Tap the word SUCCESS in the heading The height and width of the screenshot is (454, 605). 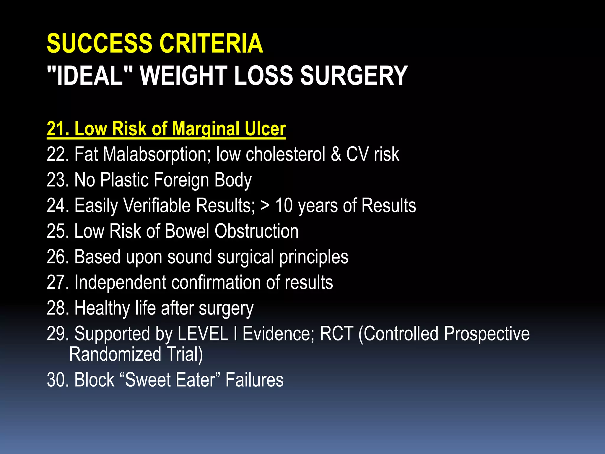click(x=99, y=43)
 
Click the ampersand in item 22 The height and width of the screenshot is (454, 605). click(x=336, y=154)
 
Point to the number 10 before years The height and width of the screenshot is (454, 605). click(x=284, y=206)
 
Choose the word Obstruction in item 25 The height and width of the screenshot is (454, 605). click(x=256, y=231)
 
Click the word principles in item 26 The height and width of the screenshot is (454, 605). click(x=314, y=257)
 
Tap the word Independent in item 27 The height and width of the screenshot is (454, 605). click(x=120, y=283)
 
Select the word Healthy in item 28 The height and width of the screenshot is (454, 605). click(x=102, y=308)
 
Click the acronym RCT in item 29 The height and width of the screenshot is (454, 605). click(x=336, y=334)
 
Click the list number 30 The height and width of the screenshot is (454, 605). click(x=57, y=380)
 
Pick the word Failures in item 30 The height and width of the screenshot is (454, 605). click(x=254, y=380)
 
